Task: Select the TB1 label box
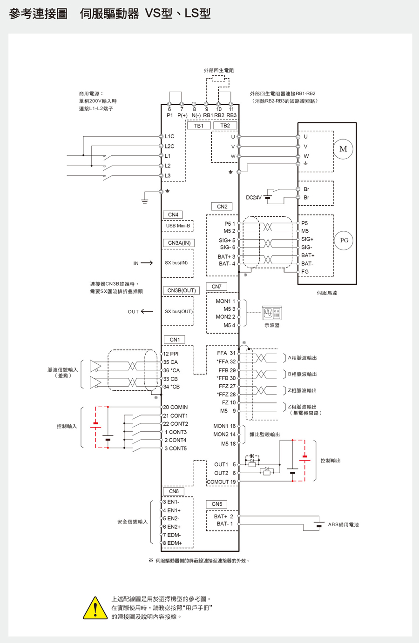pyautogui.click(x=199, y=126)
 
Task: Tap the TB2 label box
pyautogui.click(x=225, y=126)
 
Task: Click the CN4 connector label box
pyautogui.click(x=173, y=214)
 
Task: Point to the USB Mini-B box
pyautogui.click(x=178, y=226)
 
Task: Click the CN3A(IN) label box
pyautogui.click(x=179, y=243)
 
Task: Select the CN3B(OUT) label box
pyautogui.click(x=181, y=290)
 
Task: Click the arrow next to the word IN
pyautogui.click(x=147, y=263)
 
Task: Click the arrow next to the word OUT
pyautogui.click(x=147, y=311)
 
